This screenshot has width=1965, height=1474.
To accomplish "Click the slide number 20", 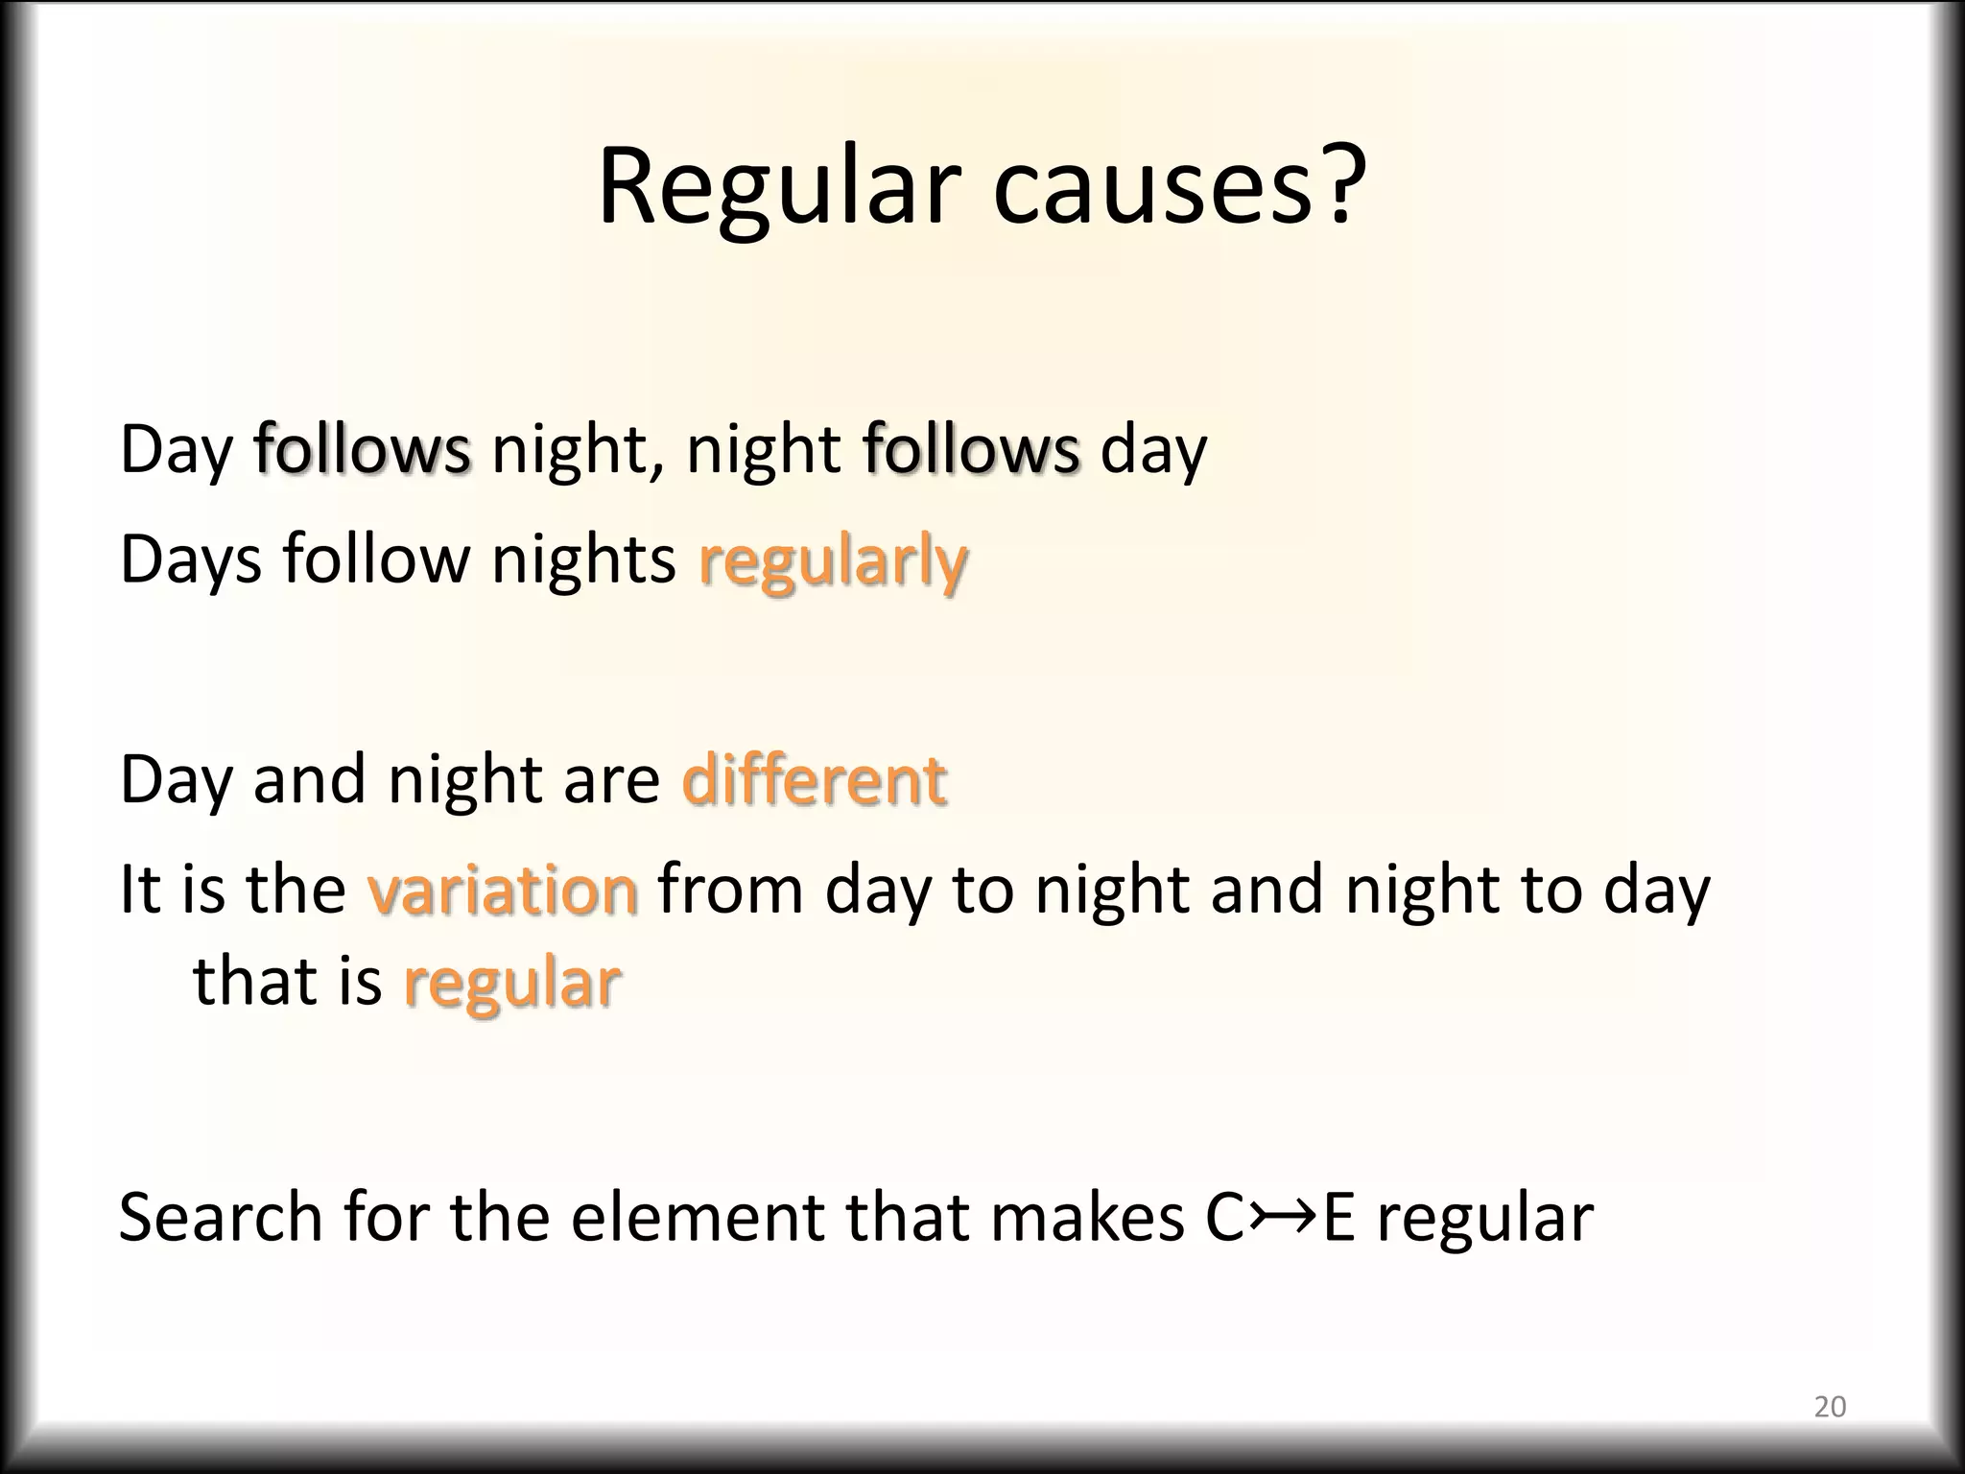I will point(1830,1407).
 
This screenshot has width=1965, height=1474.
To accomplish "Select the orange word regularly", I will point(833,561).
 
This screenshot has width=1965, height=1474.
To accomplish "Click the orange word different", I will point(814,779).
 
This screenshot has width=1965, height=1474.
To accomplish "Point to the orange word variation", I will point(502,891).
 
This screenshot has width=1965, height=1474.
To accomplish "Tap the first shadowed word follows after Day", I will point(363,449).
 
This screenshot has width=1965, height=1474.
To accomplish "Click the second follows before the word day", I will point(971,449).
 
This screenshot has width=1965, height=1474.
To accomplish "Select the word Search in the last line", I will point(221,1218).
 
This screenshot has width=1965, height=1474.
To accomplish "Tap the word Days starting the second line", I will point(190,559).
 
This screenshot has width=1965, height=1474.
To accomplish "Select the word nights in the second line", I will point(583,559).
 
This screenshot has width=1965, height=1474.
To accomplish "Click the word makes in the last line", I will point(1087,1218).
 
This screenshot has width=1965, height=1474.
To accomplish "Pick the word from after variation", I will point(730,891).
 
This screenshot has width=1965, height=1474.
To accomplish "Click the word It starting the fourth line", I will point(138,891).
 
